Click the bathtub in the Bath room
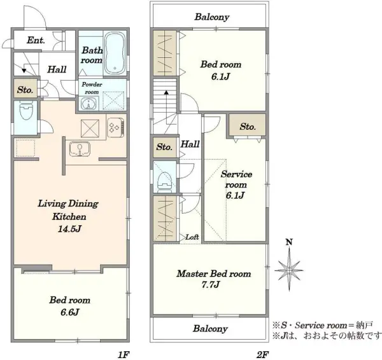click(x=115, y=53)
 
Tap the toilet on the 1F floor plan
click(x=26, y=110)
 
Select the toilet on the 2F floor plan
click(x=165, y=182)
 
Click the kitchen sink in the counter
click(x=80, y=149)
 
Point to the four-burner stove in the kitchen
click(x=115, y=127)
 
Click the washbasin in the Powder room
click(x=88, y=104)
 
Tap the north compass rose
click(x=289, y=269)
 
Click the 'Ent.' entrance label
click(x=36, y=40)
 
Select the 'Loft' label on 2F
click(x=192, y=237)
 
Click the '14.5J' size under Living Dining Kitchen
click(x=69, y=229)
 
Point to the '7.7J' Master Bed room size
click(x=211, y=284)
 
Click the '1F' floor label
click(x=124, y=355)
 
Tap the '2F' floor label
click(x=262, y=355)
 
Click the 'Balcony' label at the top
click(x=212, y=17)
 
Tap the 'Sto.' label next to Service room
click(x=248, y=127)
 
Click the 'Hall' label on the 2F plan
click(x=190, y=144)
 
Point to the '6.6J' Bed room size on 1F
click(x=70, y=312)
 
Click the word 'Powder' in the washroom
click(x=92, y=85)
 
